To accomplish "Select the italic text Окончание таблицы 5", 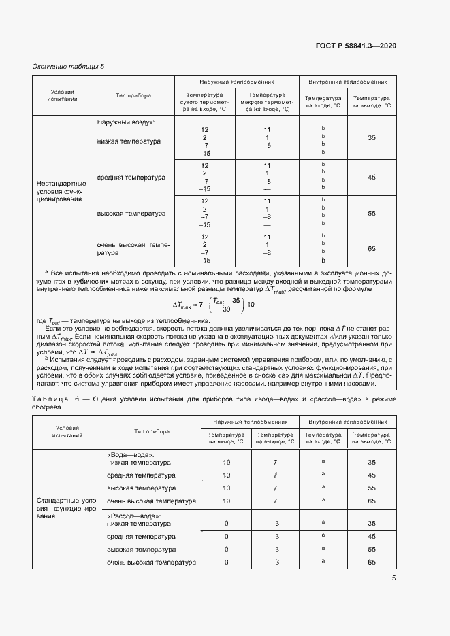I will click(69, 66).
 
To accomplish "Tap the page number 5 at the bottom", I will click(393, 578).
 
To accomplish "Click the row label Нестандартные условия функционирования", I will click(61, 192).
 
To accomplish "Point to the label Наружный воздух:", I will click(126, 122).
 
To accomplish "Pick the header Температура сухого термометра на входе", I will click(204, 101).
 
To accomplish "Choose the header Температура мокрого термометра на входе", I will click(267, 101).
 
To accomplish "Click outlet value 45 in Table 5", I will click(371, 177).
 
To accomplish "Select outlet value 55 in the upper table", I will click(371, 214).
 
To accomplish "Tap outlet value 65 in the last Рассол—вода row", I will click(371, 563).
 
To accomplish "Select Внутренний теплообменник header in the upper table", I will click(347, 80).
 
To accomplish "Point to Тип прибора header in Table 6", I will click(151, 431).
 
